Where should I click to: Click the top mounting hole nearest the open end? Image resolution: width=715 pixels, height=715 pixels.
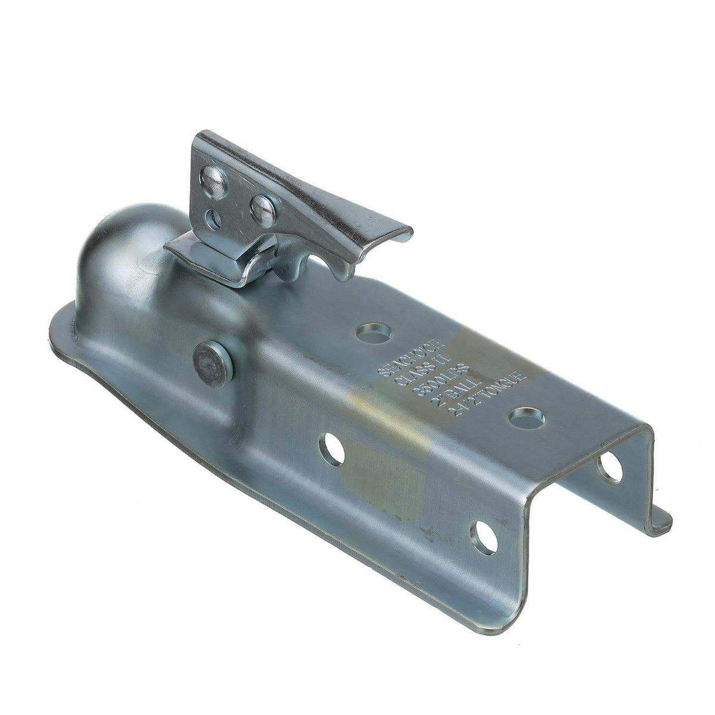click(527, 416)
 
